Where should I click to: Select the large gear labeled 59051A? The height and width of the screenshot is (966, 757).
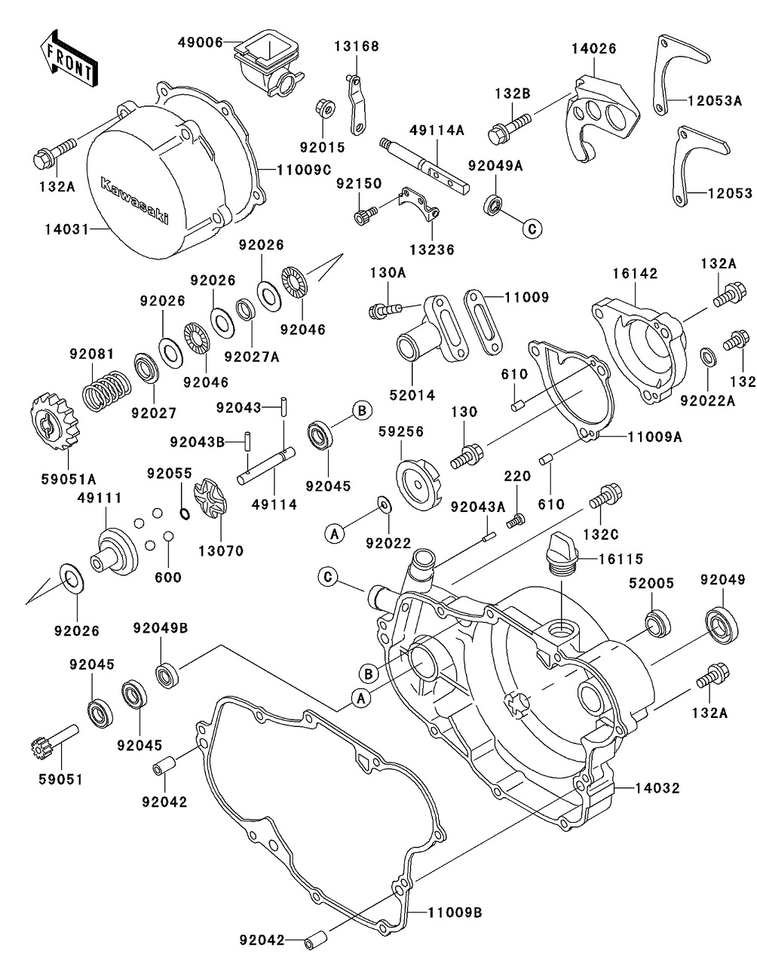pyautogui.click(x=56, y=423)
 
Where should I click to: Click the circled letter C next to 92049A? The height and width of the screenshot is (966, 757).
pyautogui.click(x=531, y=228)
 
